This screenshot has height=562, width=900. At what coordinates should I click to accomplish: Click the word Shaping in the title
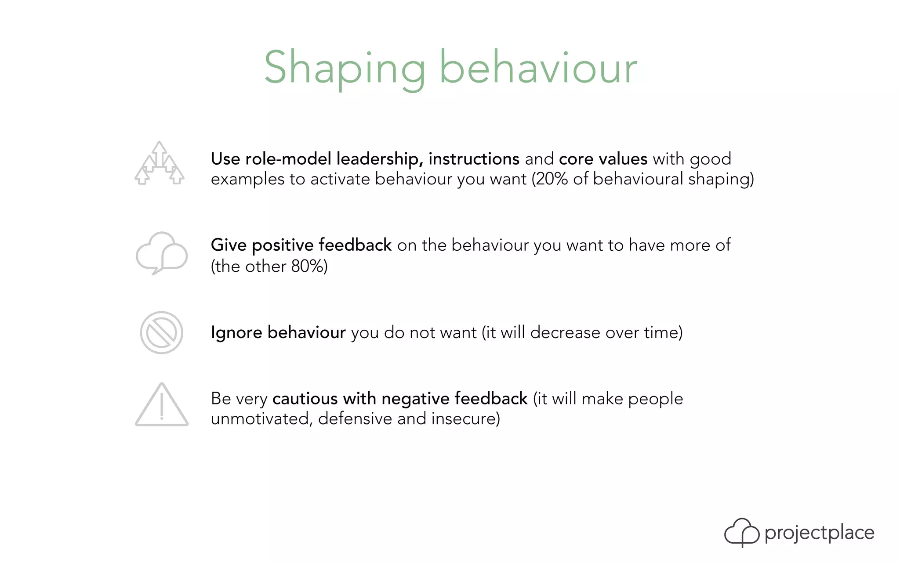[345, 68]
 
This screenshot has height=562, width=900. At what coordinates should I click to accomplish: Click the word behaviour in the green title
[538, 68]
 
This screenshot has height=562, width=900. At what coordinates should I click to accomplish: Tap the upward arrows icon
[159, 163]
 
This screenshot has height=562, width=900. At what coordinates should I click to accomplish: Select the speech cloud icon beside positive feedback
[161, 253]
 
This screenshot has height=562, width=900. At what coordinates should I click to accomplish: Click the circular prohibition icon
[161, 333]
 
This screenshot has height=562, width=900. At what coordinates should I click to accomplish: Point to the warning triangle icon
[161, 405]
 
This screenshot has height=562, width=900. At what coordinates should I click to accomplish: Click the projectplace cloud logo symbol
[741, 532]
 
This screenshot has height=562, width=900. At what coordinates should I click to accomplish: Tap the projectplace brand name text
[819, 533]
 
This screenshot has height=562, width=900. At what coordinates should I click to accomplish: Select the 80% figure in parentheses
[308, 267]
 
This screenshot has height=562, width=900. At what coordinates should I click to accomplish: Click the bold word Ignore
[236, 333]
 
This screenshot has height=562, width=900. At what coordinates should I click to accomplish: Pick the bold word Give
[229, 245]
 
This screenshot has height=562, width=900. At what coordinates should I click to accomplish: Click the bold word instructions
[474, 159]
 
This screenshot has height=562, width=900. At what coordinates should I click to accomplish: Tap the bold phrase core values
[603, 159]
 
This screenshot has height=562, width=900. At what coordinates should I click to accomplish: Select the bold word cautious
[305, 399]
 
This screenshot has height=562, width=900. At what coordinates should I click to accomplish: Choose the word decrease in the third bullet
[565, 333]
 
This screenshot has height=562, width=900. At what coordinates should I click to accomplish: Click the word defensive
[355, 419]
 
